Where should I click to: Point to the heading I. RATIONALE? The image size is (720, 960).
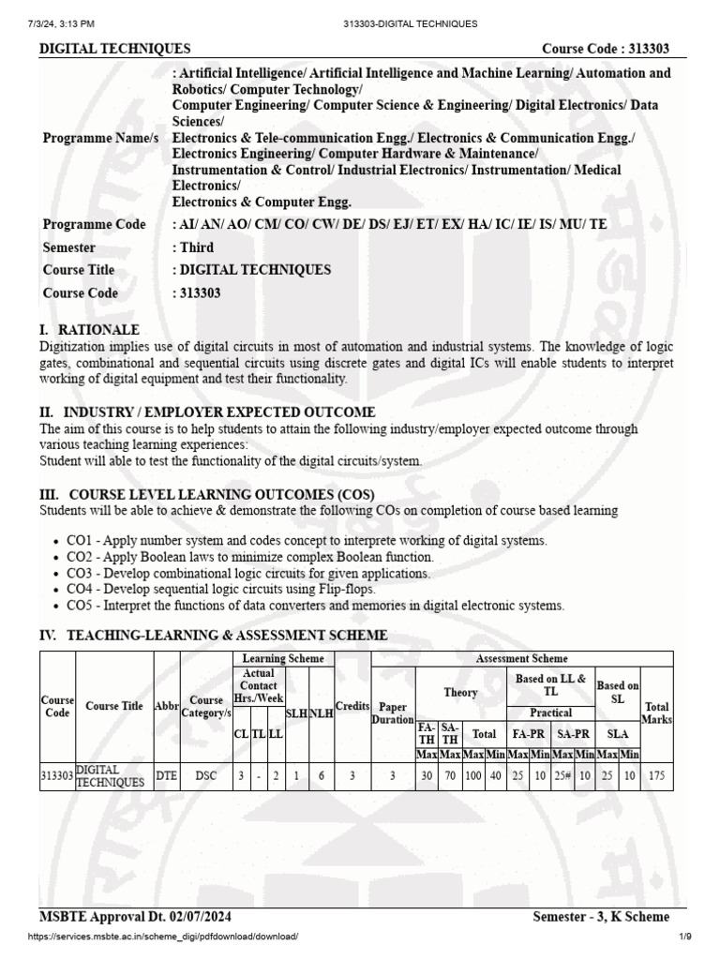89,330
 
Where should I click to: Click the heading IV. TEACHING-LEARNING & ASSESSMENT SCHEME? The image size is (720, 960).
213,636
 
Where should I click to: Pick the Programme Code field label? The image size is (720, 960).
94,224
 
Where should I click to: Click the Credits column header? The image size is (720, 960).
352,706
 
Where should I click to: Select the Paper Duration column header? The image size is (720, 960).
392,712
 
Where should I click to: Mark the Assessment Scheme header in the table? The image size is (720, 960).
521,659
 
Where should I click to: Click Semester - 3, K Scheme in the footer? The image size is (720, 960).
601,917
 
